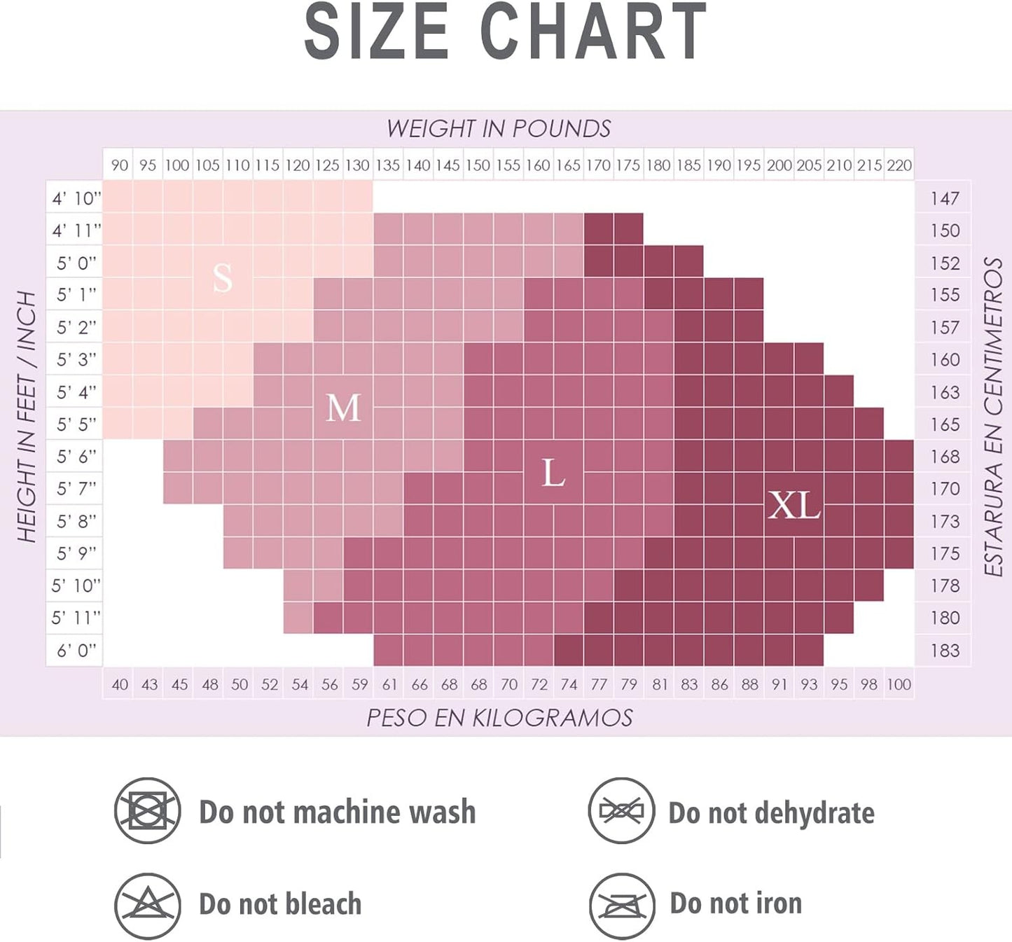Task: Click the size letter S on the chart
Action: click(x=223, y=278)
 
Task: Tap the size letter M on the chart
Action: click(x=343, y=408)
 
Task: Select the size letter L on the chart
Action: click(x=553, y=473)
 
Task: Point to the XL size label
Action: click(x=793, y=505)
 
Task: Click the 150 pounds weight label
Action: click(x=478, y=165)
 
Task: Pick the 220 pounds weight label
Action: click(x=899, y=165)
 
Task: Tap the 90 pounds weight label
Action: click(x=120, y=165)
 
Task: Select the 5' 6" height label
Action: click(x=76, y=457)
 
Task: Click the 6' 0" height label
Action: click(x=76, y=651)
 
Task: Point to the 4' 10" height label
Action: click(x=76, y=199)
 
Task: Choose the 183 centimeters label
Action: click(x=945, y=651)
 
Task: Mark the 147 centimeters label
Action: click(x=945, y=199)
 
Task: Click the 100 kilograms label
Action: click(x=899, y=684)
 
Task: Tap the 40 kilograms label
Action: click(x=120, y=684)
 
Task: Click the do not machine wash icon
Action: click(x=148, y=811)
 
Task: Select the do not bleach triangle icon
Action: click(x=148, y=905)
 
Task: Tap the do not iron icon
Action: click(x=622, y=905)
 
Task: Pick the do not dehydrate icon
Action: click(x=622, y=811)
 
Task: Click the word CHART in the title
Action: click(x=594, y=32)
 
